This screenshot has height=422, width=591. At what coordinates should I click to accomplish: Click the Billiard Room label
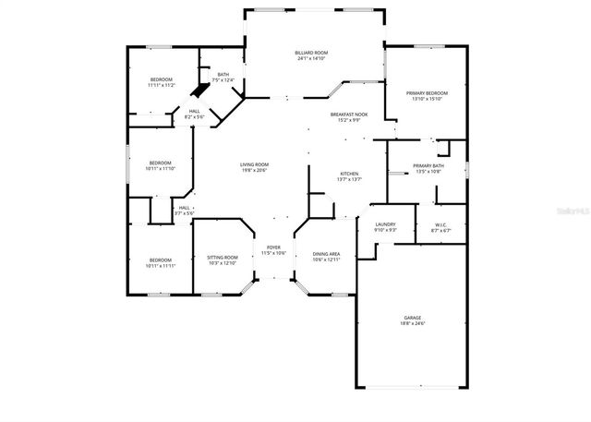(311, 54)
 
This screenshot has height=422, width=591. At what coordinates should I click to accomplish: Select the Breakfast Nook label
(350, 114)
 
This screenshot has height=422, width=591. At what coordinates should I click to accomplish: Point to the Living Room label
(254, 164)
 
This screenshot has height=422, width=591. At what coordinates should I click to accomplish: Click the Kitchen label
(349, 174)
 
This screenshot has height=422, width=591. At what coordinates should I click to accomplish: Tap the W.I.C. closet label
(441, 224)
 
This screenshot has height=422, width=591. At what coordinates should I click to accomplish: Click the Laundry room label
(386, 224)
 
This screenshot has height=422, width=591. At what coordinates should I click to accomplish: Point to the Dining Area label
(327, 253)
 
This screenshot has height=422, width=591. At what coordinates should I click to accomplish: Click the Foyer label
(273, 247)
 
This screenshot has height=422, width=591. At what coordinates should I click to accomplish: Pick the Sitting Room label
(223, 257)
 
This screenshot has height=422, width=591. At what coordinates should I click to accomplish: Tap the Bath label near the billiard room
(223, 75)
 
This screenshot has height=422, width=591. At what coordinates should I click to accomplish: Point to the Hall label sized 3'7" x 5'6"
(185, 208)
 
